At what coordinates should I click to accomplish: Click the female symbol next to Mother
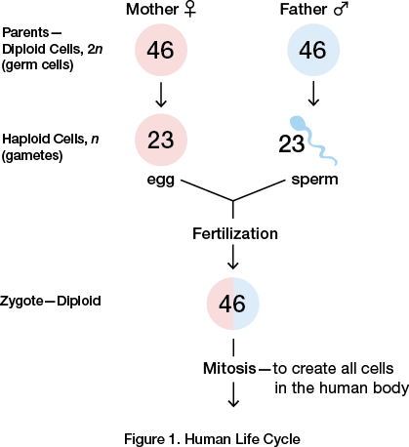[190, 10]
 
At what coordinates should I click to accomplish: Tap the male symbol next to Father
[341, 9]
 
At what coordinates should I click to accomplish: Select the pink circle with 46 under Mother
[161, 50]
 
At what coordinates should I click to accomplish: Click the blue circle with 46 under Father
[313, 50]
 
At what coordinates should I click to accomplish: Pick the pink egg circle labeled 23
[161, 140]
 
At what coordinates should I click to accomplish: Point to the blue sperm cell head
[297, 124]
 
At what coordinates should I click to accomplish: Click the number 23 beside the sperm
[291, 143]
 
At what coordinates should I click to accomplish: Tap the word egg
[161, 181]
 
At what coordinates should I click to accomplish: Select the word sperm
[314, 180]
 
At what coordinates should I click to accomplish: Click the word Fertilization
[235, 233]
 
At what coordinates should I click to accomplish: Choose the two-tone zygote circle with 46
[233, 304]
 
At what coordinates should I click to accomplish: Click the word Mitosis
[229, 368]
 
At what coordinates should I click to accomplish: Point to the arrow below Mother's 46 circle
[161, 95]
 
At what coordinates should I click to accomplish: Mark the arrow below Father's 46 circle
[313, 94]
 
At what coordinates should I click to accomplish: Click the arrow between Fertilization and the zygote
[233, 257]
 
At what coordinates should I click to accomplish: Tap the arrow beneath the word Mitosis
[233, 394]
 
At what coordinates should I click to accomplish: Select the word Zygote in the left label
[21, 302]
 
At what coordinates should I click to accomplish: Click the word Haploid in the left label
[26, 139]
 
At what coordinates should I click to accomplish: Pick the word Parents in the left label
[25, 32]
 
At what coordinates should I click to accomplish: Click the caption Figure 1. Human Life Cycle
[212, 439]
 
